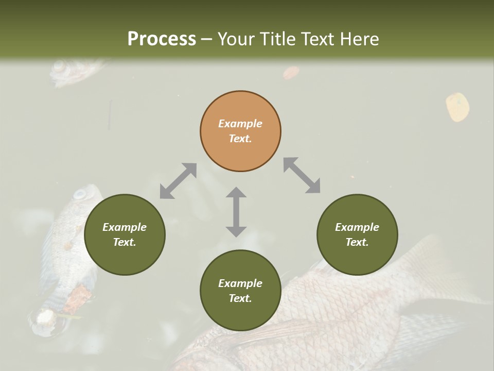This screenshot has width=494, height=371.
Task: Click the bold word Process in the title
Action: pos(162,39)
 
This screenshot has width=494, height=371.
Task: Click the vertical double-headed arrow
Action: pos(236,212)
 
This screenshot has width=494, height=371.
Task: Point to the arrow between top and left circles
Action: pos(178,181)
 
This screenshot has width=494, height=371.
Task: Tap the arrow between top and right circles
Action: pos(302,176)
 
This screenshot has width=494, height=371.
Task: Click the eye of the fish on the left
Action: pos(80,194)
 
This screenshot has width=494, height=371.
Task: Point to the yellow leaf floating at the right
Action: pos(457,107)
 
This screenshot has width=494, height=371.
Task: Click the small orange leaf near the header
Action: pos(291,73)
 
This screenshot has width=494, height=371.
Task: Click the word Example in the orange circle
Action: pos(240,124)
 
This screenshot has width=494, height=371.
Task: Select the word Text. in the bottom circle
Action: pos(240,298)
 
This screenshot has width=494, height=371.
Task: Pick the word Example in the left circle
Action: pos(125,227)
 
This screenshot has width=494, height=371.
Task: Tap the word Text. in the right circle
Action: pos(357,242)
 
